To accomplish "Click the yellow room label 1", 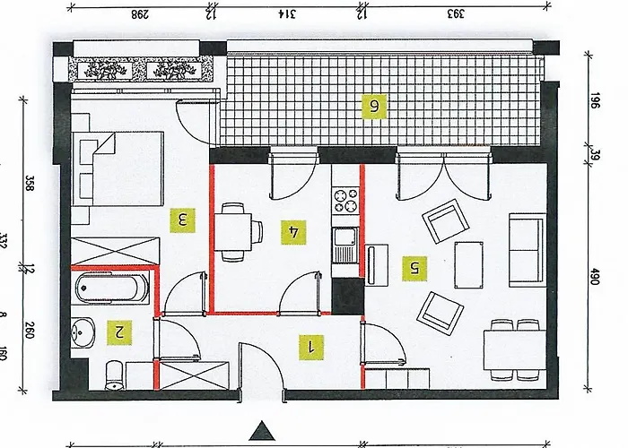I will (310, 347).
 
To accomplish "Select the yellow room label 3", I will (182, 218).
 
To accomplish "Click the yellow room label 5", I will (413, 266).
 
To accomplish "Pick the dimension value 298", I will (139, 13).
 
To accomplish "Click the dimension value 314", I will (285, 13).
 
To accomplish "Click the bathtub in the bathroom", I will (111, 289).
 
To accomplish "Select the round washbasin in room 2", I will (83, 332).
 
